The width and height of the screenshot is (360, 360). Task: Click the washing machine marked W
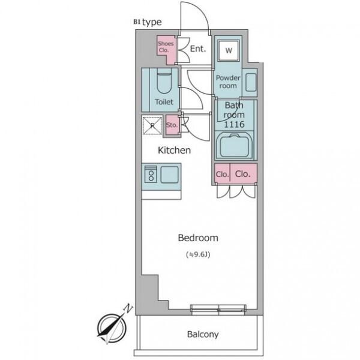[x=229, y=50]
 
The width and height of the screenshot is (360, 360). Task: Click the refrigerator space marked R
[x=152, y=125]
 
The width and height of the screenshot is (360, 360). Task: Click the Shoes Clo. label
[x=166, y=47]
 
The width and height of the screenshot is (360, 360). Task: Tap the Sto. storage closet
[x=172, y=125]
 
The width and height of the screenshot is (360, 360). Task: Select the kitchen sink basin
[x=169, y=175]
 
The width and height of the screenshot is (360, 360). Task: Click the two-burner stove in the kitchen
[x=151, y=174]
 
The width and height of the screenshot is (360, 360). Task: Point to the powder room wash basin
[x=251, y=82]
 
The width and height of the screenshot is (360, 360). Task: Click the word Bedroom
[x=198, y=238]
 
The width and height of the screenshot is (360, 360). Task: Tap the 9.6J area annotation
[x=198, y=254]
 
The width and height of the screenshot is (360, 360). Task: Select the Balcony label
[x=203, y=334]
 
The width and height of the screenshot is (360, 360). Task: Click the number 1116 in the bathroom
[x=234, y=124]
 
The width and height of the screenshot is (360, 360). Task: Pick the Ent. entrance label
[x=198, y=49]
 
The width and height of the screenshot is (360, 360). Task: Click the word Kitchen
[x=174, y=151]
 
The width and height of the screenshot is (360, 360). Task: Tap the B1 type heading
[x=148, y=22]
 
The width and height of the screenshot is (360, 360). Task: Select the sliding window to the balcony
[x=218, y=310]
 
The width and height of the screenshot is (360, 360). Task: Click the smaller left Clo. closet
[x=222, y=174]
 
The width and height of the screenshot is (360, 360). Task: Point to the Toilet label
[x=164, y=102]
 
